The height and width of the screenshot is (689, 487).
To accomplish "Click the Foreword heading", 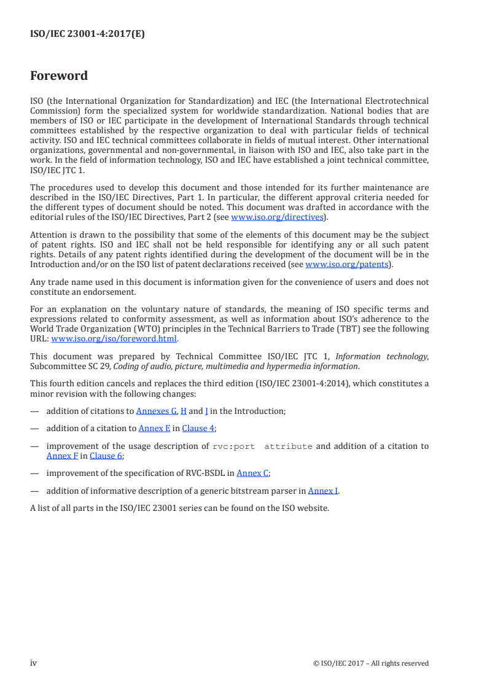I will point(59,76).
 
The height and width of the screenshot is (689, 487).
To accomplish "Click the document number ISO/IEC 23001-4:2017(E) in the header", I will point(87,34).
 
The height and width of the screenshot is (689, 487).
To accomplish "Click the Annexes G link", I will point(156,411).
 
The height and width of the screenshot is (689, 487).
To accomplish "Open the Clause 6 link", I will point(106,456).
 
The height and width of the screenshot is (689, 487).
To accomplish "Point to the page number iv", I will point(34,663).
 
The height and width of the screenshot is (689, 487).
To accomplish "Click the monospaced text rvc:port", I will point(233,446).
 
